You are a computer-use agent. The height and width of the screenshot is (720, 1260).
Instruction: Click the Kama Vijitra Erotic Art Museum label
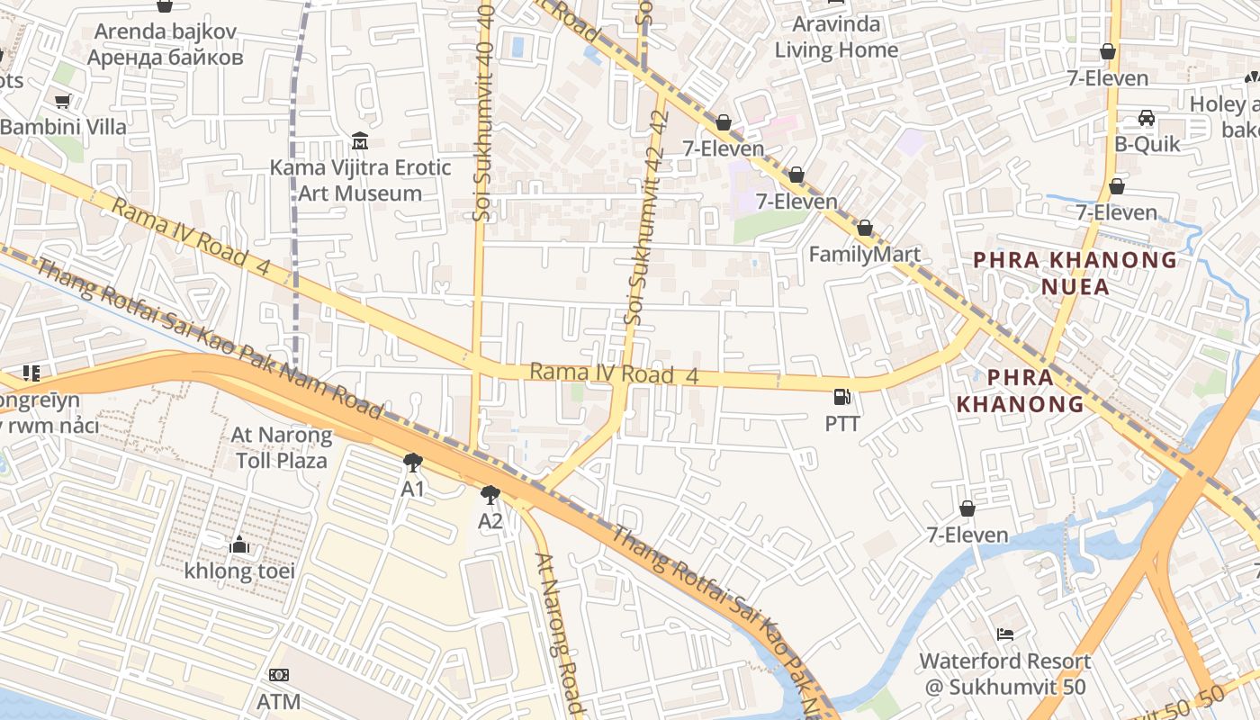tap(360, 180)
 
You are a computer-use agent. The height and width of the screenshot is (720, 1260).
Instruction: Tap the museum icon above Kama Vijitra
tap(360, 141)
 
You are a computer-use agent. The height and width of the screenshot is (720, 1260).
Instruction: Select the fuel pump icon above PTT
tap(842, 396)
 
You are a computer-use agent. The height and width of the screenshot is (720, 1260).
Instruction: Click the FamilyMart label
tap(864, 255)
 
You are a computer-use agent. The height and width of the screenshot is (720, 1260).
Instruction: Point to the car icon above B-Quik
tap(1147, 118)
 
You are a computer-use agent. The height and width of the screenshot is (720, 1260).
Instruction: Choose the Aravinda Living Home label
tap(836, 37)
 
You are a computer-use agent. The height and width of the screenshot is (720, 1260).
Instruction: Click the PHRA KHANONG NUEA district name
tap(1075, 274)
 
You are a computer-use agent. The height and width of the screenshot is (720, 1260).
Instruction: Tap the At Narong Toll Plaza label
tap(282, 447)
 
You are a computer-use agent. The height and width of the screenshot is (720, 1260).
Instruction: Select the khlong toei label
tap(239, 571)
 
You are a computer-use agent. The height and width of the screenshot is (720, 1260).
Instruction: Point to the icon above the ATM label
tap(279, 675)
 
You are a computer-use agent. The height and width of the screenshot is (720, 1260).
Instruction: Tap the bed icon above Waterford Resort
tap(1005, 634)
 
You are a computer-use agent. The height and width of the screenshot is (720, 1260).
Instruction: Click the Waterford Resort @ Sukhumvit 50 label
tap(1004, 674)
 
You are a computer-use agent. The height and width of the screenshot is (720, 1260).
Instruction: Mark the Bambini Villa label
tap(63, 127)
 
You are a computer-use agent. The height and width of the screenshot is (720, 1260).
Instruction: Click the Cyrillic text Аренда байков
tap(166, 58)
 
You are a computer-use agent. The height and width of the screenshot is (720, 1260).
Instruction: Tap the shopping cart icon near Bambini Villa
tap(62, 102)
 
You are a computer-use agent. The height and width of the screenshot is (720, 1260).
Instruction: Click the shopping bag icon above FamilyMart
tap(865, 229)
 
